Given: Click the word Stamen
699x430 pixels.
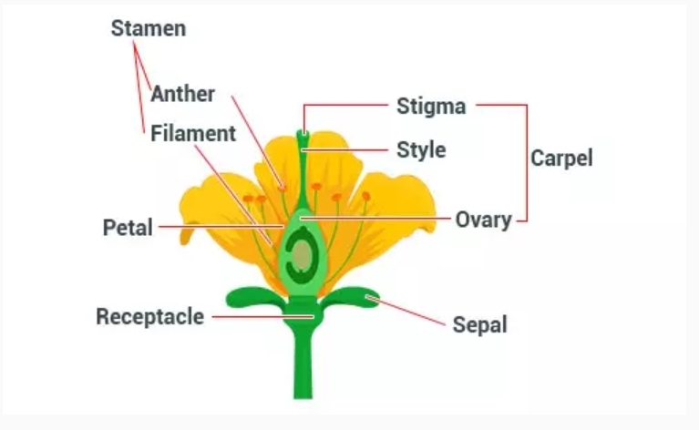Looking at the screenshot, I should [148, 28].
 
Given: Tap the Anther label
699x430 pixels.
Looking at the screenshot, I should [183, 94].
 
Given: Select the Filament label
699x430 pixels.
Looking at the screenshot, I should [192, 134].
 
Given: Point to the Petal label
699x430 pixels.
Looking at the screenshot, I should [128, 227].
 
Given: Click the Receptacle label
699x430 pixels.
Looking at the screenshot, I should [149, 317].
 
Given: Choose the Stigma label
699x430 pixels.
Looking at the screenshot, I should [431, 106].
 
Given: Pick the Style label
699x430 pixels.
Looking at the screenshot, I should [421, 148].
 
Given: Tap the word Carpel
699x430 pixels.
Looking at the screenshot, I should [561, 158].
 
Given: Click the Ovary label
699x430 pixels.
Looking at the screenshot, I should [483, 220].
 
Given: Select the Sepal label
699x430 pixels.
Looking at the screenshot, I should [479, 324].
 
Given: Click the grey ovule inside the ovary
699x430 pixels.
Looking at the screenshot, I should [299, 259].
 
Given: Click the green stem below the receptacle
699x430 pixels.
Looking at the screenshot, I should [302, 364].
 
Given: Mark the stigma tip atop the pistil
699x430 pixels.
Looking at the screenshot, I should [303, 137].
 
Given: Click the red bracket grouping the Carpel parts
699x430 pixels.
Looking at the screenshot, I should [526, 160].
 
